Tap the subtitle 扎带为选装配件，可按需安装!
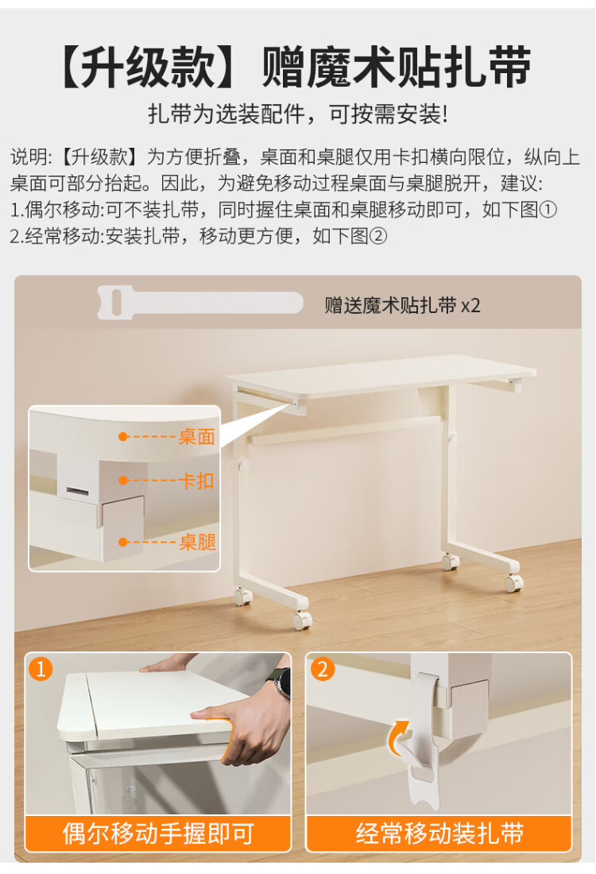coord(298,114)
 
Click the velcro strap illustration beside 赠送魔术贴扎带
coord(200,303)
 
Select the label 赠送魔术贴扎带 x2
coord(402,305)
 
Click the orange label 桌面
coord(197,436)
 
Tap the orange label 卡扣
coord(196,481)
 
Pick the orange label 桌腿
coord(197,542)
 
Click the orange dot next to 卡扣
coord(123,481)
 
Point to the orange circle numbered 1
coord(41,668)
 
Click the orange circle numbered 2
coord(323,668)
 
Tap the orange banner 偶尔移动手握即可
coord(158,833)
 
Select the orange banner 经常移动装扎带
coord(439,833)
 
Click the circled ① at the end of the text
coord(548,210)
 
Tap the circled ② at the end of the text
coord(377,236)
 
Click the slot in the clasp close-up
coord(78,490)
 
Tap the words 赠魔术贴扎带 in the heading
coord(397,67)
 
